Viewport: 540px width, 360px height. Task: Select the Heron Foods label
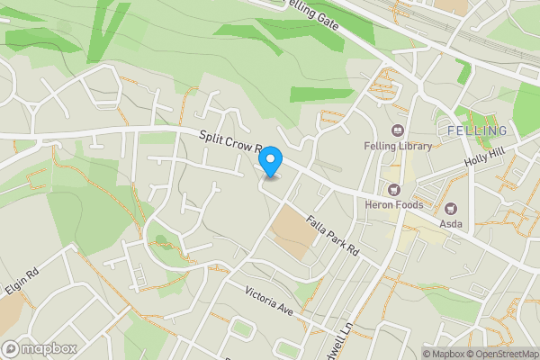393,204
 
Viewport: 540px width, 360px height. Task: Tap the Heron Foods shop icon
393,189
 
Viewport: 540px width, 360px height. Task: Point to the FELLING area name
476,131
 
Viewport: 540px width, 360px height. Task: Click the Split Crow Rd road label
229,141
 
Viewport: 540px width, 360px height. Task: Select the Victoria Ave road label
270,300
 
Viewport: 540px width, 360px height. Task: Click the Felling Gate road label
310,16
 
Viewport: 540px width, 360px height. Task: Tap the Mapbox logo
40,348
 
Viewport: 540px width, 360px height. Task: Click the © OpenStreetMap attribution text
502,354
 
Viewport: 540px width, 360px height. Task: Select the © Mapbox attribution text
442,354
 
